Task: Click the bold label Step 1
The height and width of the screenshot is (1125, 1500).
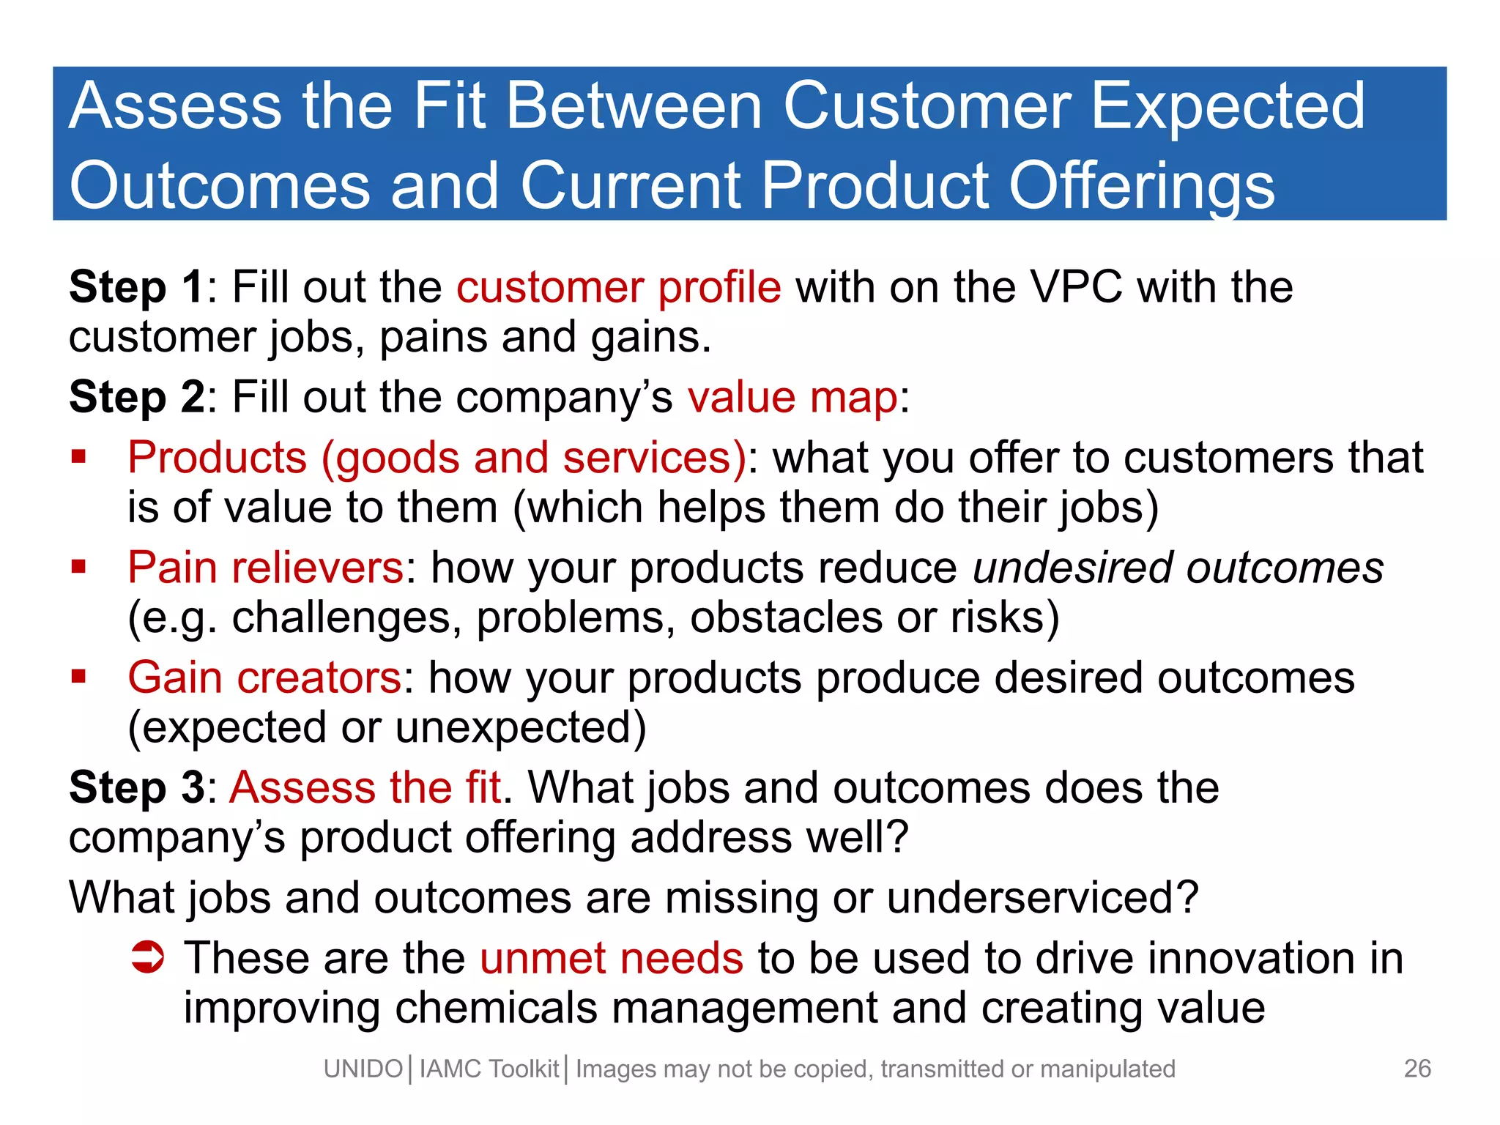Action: click(x=136, y=287)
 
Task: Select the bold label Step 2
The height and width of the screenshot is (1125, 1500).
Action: click(x=136, y=398)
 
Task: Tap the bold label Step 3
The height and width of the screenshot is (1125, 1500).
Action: click(x=136, y=788)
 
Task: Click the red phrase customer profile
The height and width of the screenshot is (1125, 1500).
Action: click(x=618, y=287)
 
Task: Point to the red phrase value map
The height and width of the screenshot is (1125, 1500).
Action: click(x=792, y=398)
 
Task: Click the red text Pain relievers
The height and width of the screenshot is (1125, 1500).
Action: click(x=265, y=568)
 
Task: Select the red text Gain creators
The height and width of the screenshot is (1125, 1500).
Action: click(x=264, y=677)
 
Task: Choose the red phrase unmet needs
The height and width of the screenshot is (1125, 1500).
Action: click(x=612, y=958)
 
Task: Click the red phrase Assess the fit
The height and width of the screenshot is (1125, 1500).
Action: click(x=365, y=788)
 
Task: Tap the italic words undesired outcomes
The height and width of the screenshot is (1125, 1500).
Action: click(x=1178, y=568)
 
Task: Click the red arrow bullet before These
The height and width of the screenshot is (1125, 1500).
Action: click(x=147, y=957)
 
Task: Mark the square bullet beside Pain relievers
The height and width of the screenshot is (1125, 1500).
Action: click(x=79, y=566)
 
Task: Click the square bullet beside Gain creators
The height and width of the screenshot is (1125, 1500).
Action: click(x=79, y=676)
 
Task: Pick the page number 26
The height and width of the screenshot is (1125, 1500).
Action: click(x=1417, y=1069)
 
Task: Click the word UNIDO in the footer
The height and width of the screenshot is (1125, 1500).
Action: click(x=363, y=1069)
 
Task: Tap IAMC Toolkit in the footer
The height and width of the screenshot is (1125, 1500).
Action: click(x=489, y=1069)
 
